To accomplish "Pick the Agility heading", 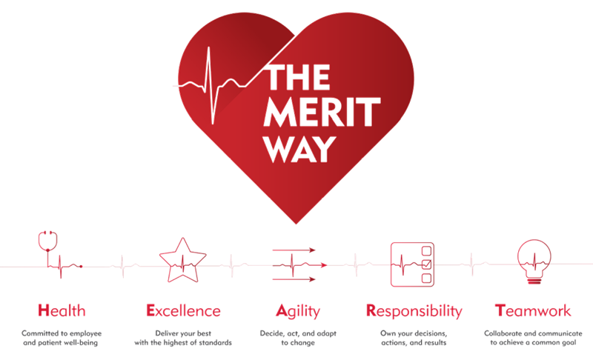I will tap(297, 310).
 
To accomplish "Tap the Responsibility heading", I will tap(414, 310).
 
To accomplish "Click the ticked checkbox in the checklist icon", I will tap(426, 264).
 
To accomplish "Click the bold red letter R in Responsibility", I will tap(371, 310).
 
